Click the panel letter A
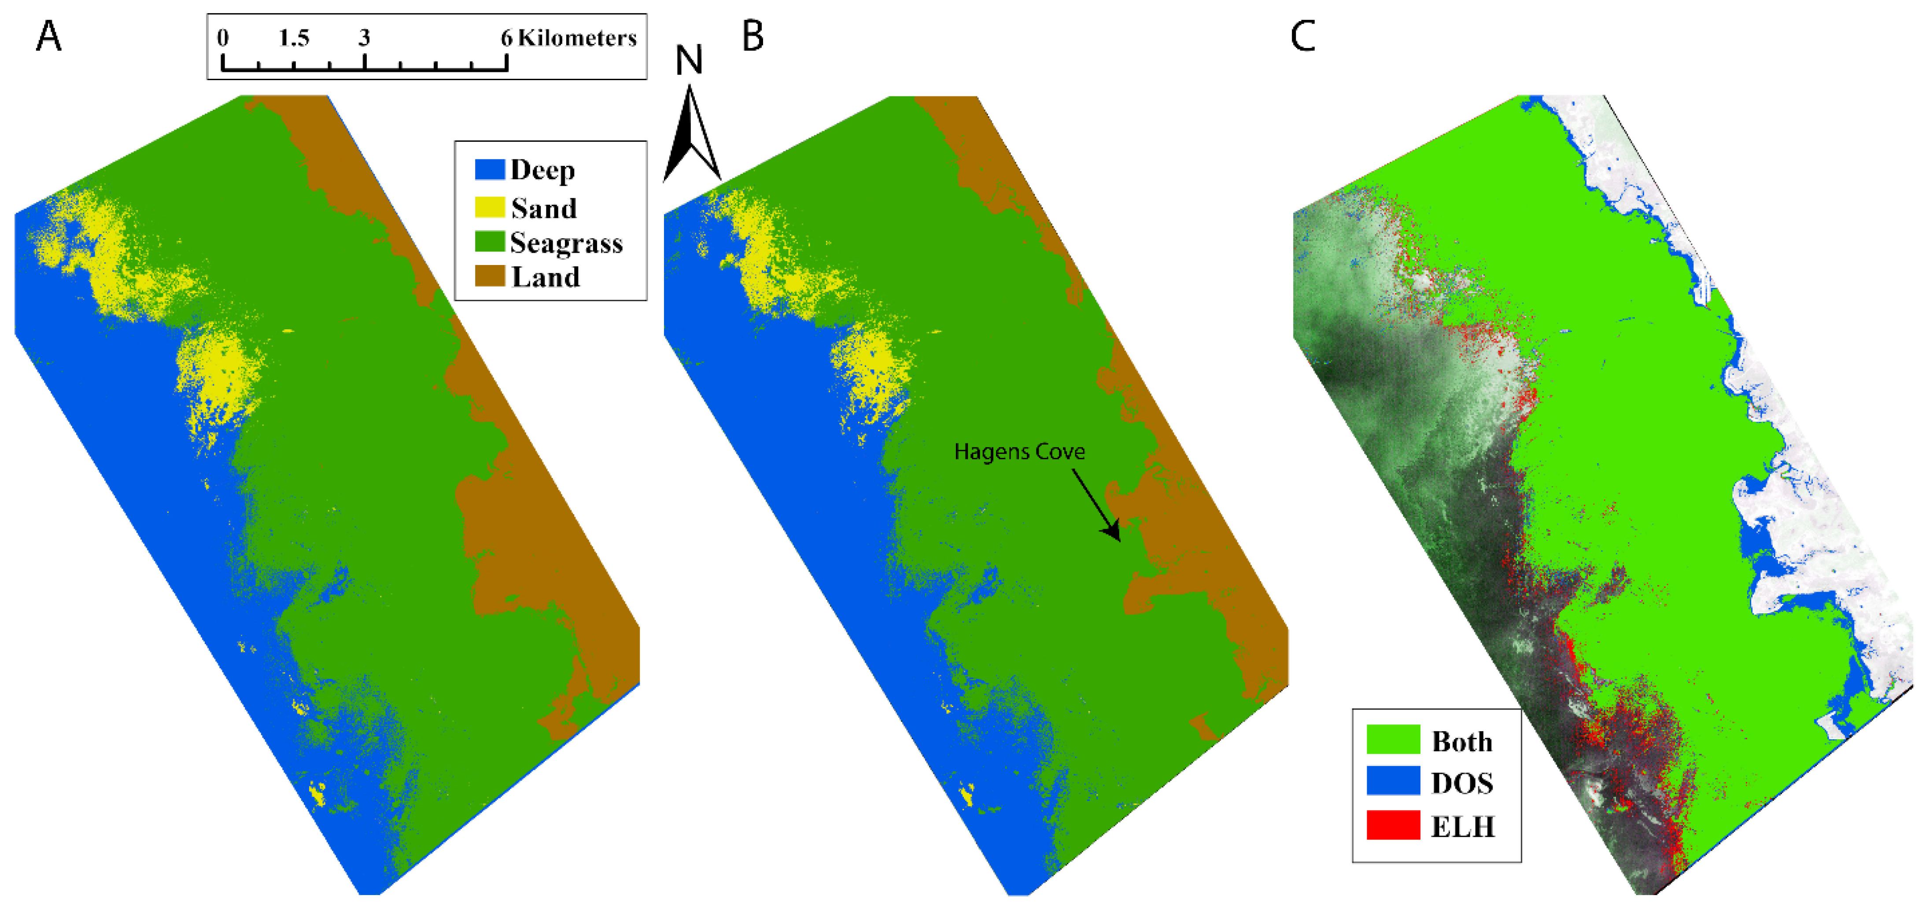point(49,36)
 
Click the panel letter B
point(752,36)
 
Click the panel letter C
point(1303,36)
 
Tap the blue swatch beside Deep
point(490,169)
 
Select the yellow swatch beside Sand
point(490,207)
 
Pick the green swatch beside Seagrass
point(490,242)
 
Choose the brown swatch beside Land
point(490,277)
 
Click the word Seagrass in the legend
point(566,243)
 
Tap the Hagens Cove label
point(1019,452)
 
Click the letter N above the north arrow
point(689,60)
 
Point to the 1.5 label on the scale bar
point(294,37)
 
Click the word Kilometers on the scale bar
point(577,37)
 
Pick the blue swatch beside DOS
point(1393,781)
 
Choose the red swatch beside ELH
point(1393,825)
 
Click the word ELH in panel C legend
point(1462,826)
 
